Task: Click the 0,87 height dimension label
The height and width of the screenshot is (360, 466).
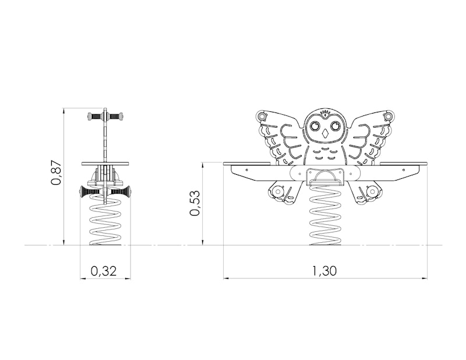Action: click(56, 174)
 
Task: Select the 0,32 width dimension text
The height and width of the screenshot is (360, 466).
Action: click(104, 271)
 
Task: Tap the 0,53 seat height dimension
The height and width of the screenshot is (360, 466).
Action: click(195, 203)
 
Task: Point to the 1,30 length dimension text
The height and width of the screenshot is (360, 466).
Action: click(324, 271)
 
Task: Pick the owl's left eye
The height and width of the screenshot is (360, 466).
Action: click(315, 126)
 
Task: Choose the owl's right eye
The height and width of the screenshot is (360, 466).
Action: click(337, 126)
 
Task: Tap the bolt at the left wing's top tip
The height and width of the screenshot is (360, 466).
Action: click(262, 116)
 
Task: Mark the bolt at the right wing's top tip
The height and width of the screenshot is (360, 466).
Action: click(389, 116)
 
